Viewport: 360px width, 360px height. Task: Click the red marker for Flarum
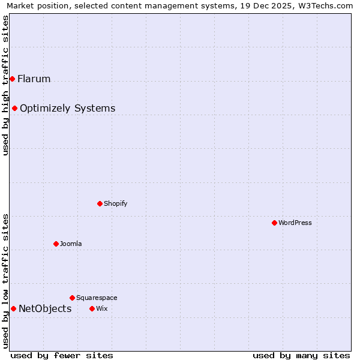click(x=12, y=79)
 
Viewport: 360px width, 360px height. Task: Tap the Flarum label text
click(x=34, y=79)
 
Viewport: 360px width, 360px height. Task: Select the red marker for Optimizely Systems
click(x=14, y=108)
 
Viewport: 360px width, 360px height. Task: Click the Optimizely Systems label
click(x=67, y=108)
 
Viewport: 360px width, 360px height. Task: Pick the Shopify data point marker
click(x=100, y=203)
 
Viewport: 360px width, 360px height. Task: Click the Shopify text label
click(x=115, y=203)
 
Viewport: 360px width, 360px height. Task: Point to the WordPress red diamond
click(x=274, y=223)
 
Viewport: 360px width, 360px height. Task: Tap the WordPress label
click(x=295, y=223)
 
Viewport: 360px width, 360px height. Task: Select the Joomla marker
click(x=56, y=244)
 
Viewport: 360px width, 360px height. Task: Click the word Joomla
click(x=70, y=244)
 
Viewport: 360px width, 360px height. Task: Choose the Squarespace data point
click(x=72, y=298)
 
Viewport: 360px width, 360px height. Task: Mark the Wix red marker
click(x=92, y=308)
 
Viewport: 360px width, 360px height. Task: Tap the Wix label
click(x=101, y=308)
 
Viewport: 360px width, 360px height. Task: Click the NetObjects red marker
click(x=13, y=308)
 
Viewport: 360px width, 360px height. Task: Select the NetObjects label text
click(x=45, y=308)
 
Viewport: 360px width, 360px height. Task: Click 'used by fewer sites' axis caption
click(x=61, y=355)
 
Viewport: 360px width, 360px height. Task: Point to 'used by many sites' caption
click(x=301, y=355)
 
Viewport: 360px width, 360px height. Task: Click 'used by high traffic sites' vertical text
click(x=5, y=85)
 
